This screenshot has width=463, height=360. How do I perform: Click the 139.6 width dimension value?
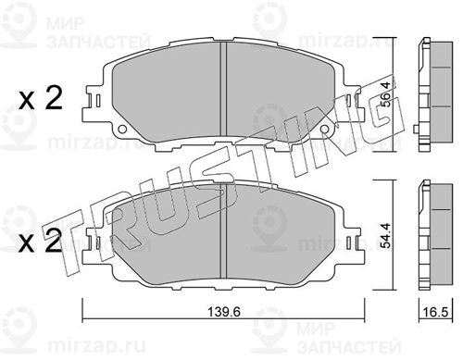tap(224, 312)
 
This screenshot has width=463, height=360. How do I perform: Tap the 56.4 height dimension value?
tap(386, 94)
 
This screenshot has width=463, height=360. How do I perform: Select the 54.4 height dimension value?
tap(386, 235)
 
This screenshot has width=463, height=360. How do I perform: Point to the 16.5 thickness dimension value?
tap(436, 312)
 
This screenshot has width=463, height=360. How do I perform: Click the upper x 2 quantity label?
tap(41, 99)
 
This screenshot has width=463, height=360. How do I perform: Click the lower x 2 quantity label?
tap(41, 242)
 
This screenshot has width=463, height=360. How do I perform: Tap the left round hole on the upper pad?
tap(122, 129)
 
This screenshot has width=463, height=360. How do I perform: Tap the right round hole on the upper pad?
tap(324, 129)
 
